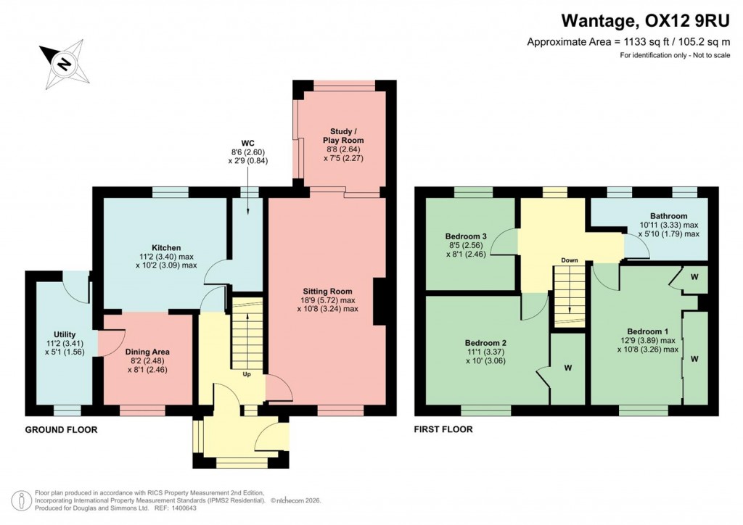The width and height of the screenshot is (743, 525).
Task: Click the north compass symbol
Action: [x=64, y=64]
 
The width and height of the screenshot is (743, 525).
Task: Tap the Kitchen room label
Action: [x=166, y=247]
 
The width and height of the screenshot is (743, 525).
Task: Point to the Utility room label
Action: [x=64, y=334]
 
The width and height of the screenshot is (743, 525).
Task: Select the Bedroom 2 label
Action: [x=485, y=343]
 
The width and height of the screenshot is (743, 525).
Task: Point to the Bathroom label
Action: [x=668, y=215]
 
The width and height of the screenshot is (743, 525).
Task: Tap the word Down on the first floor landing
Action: [x=569, y=260]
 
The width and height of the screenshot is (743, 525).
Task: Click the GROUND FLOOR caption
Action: [x=61, y=430]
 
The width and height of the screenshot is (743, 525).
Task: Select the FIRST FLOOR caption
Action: [x=443, y=430]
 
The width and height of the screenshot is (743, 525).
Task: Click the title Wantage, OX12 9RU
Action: [x=646, y=22]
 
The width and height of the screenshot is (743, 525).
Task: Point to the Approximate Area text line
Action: [x=628, y=43]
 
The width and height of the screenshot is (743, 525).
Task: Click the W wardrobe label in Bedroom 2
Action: [x=567, y=368]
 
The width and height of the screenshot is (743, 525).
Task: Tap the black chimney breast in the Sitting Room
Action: [x=379, y=302]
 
